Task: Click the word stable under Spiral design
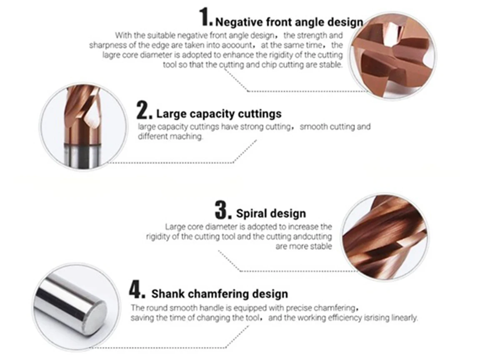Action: pos(321,247)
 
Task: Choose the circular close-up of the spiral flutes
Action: pos(384,237)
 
